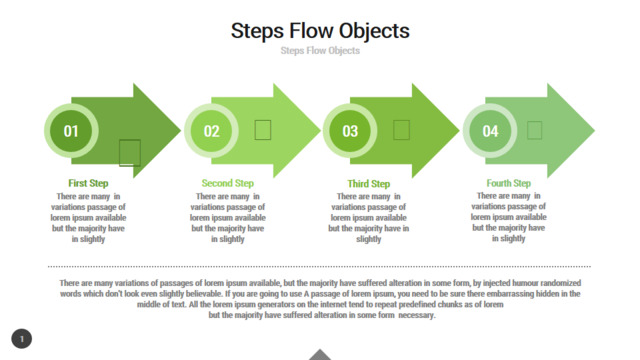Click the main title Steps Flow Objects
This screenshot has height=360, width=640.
(x=320, y=31)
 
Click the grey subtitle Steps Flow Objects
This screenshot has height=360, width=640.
(x=320, y=51)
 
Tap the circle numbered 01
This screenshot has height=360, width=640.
(x=71, y=131)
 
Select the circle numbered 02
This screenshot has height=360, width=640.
(x=211, y=131)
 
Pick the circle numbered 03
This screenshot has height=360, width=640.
(x=350, y=131)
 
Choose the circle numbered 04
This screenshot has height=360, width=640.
(x=490, y=131)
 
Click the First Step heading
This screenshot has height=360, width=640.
(x=88, y=183)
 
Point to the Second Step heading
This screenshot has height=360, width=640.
(x=228, y=183)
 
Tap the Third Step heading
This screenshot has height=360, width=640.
(x=369, y=184)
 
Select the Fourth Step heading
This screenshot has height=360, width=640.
(x=509, y=183)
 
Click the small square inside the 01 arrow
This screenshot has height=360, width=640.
(x=130, y=153)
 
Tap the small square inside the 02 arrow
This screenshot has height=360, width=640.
(x=263, y=130)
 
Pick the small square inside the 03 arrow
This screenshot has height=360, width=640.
(x=401, y=130)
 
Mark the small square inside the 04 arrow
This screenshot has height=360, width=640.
(x=534, y=130)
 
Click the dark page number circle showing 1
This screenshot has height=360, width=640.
(x=22, y=339)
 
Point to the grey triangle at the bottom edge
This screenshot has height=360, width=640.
(x=320, y=355)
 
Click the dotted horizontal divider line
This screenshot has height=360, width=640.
(x=319, y=267)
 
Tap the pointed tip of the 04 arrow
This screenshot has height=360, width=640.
(x=594, y=131)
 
